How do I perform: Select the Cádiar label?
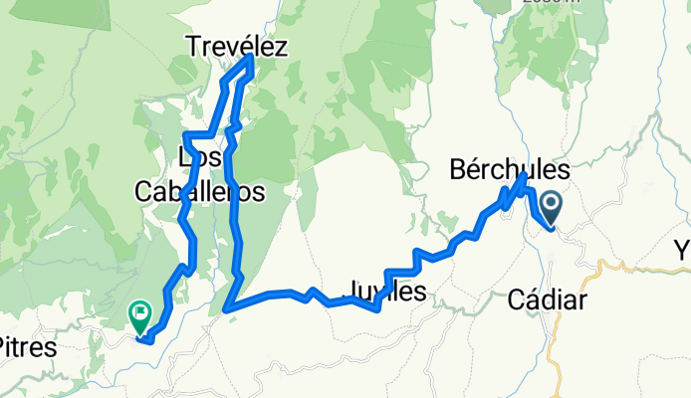[551, 299]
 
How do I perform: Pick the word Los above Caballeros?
[198, 157]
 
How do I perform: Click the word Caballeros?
[202, 191]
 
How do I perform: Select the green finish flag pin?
[140, 316]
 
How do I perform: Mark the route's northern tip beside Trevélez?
[249, 60]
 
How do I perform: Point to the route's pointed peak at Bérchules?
[524, 175]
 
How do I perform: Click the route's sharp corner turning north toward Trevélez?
[227, 309]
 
